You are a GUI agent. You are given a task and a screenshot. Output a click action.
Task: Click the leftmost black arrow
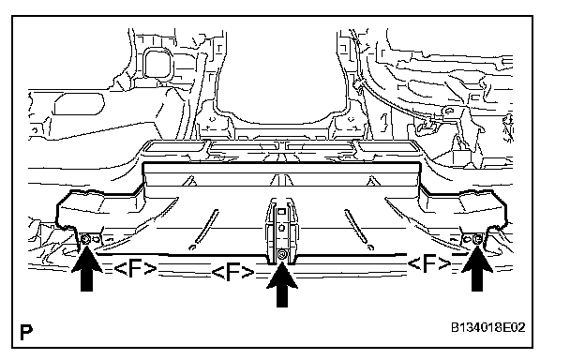click(86, 268)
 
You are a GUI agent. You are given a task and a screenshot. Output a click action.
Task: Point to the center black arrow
click(282, 284)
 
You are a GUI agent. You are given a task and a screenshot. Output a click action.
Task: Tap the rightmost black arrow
click(477, 268)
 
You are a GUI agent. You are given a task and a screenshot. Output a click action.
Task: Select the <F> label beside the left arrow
click(135, 269)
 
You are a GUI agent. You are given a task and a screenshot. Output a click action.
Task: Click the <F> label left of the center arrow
click(232, 273)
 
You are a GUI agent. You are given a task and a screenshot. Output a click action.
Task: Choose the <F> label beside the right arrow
click(429, 263)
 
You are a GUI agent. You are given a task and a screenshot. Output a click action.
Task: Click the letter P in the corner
click(26, 332)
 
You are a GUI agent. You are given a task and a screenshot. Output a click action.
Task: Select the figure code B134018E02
click(488, 327)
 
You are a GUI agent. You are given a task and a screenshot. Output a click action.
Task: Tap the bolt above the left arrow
click(86, 239)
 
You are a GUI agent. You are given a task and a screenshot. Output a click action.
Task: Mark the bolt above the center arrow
click(281, 255)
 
